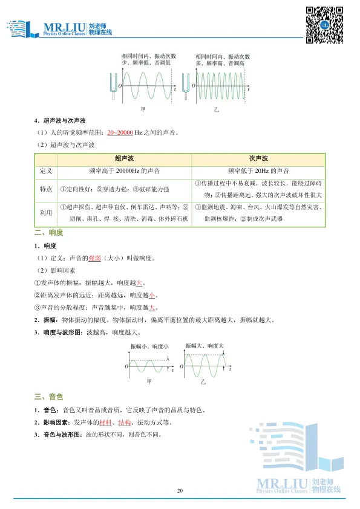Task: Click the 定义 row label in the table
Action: (46, 171)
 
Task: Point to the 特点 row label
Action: (46, 189)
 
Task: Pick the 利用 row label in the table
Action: (46, 213)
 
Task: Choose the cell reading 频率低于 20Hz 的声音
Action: (258, 171)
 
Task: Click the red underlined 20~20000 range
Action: (120, 133)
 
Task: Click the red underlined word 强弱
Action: (94, 259)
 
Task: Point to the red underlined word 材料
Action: (105, 422)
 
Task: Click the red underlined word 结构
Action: (125, 422)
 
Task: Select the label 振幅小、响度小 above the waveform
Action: (149, 346)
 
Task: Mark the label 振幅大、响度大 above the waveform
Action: (206, 346)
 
